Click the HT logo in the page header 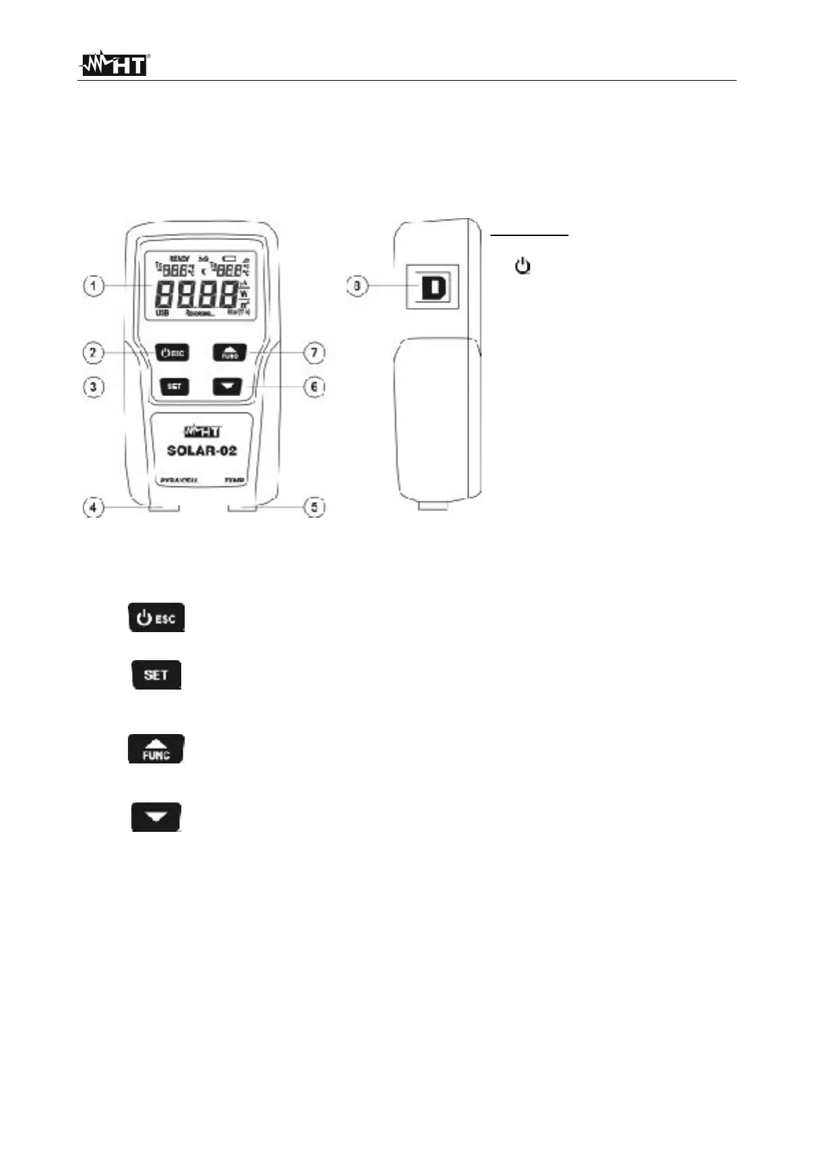tap(114, 64)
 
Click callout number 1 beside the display tap(94, 285)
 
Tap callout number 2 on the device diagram tap(94, 353)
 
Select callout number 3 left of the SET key tap(94, 387)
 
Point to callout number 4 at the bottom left tap(94, 508)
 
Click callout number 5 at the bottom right tap(314, 508)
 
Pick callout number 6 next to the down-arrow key tap(314, 387)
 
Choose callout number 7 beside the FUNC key tap(314, 353)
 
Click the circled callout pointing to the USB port tap(357, 286)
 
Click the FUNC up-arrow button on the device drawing tap(229, 353)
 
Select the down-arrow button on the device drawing tap(228, 387)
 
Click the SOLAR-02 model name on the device tap(202, 451)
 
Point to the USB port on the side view tap(432, 287)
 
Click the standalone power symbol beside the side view tap(523, 266)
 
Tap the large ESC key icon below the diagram tap(157, 618)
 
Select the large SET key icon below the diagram tap(157, 675)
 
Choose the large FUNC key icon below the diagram tap(157, 749)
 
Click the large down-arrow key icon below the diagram tap(157, 817)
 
